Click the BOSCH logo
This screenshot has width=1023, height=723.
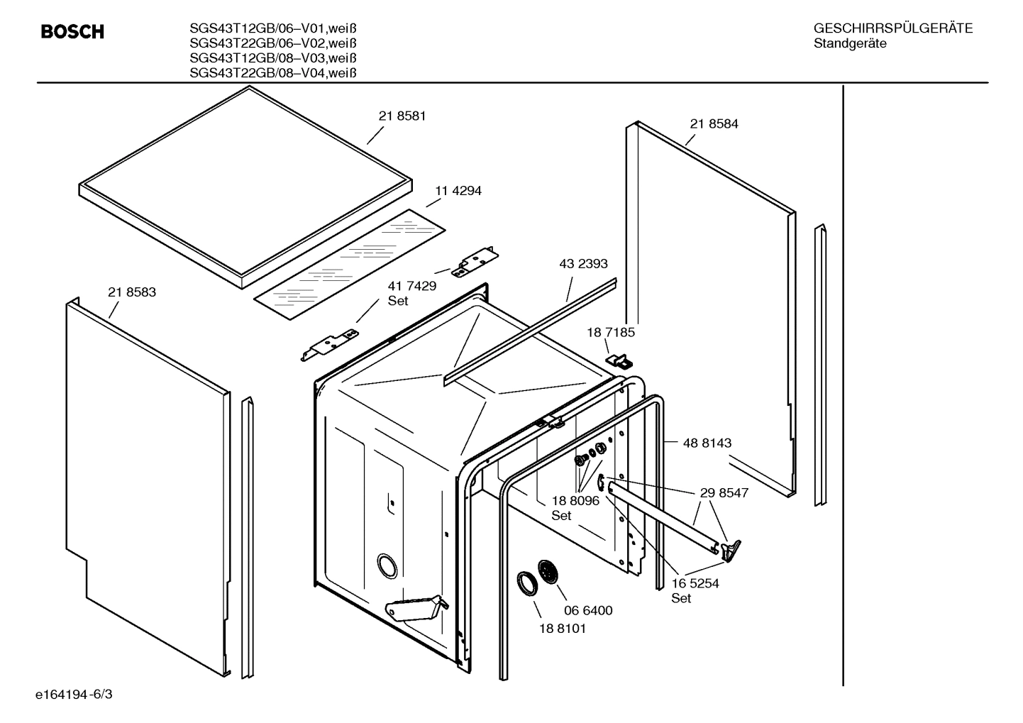click(72, 32)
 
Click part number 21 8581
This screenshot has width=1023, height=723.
click(402, 116)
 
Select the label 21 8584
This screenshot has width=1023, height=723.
click(714, 123)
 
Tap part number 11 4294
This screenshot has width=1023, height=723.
click(458, 191)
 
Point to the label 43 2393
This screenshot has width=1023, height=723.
click(583, 264)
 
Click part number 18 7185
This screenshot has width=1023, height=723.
click(610, 332)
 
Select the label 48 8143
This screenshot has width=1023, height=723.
click(707, 443)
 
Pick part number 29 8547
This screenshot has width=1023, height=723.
click(724, 492)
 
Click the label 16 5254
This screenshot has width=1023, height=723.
click(695, 583)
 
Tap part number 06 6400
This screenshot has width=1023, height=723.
click(588, 610)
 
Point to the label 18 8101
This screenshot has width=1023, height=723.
click(563, 628)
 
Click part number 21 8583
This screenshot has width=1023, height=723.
click(132, 292)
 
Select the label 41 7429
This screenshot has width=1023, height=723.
click(411, 286)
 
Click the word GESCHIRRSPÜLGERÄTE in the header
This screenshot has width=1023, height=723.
click(892, 29)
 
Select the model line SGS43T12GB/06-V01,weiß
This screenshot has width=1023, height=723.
click(272, 29)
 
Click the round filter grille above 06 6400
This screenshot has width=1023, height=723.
click(548, 572)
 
